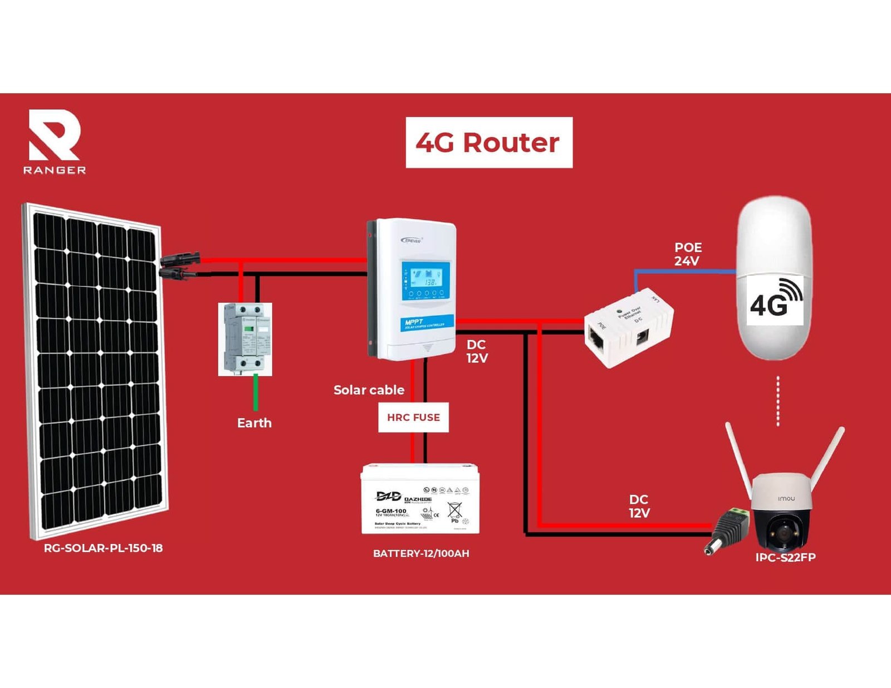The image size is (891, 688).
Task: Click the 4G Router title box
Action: coord(488,142)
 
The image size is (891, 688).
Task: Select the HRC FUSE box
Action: coord(413,417)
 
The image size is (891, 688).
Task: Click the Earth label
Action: coord(254,423)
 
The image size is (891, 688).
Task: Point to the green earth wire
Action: coord(256,393)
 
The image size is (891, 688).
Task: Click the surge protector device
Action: coord(245,339)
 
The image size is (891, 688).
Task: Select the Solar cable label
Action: coord(369,390)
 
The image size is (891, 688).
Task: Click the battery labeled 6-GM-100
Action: coord(420,499)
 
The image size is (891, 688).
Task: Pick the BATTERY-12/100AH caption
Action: coord(421,553)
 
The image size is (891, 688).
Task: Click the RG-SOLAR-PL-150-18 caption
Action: coord(103,548)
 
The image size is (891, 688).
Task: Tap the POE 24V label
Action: coord(688,254)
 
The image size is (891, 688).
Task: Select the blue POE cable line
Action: coord(685,271)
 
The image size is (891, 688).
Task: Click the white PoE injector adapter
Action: coord(628,327)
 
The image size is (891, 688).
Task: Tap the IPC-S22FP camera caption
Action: coord(785,558)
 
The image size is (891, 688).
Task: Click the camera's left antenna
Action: coord(739,460)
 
